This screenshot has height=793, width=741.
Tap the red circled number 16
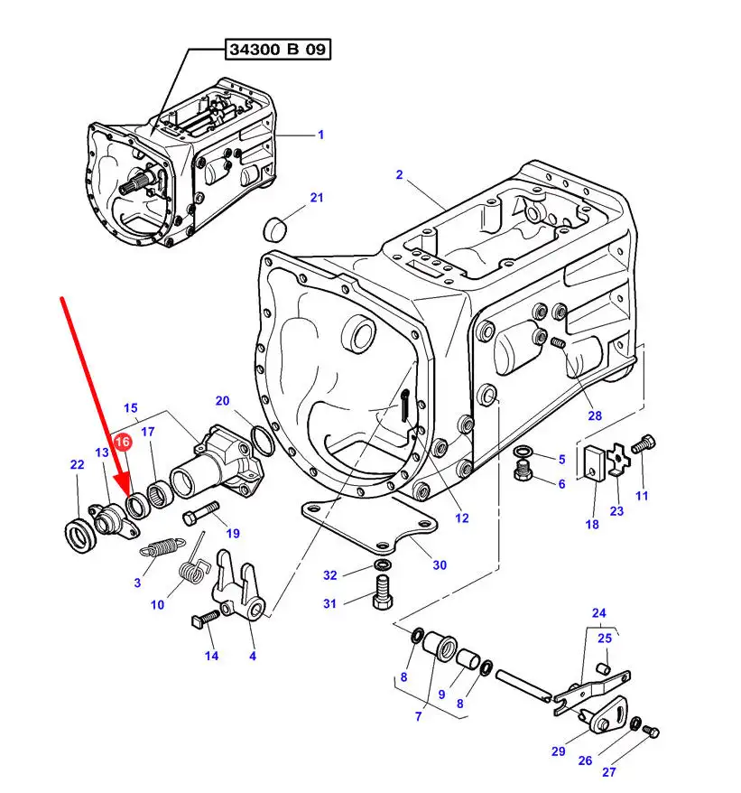122,442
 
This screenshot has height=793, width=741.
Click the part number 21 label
291,198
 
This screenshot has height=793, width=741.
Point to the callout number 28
594,416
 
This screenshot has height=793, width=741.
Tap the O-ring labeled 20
263,442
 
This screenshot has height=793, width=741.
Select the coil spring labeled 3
163,547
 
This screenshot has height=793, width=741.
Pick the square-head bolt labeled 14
203,620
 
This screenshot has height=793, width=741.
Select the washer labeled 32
382,566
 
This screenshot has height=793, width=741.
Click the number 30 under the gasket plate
440,565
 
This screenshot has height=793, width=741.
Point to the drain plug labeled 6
523,471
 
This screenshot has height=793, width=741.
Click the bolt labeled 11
644,444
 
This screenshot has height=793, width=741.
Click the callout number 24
599,613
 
